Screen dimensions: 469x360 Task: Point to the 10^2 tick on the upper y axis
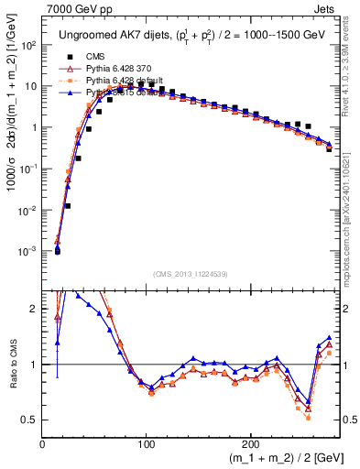click(x=28, y=45)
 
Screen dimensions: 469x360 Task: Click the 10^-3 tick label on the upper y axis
click(x=27, y=251)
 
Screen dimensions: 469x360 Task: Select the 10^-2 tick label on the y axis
click(x=27, y=210)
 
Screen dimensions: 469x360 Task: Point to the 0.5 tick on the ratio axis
click(x=29, y=420)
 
